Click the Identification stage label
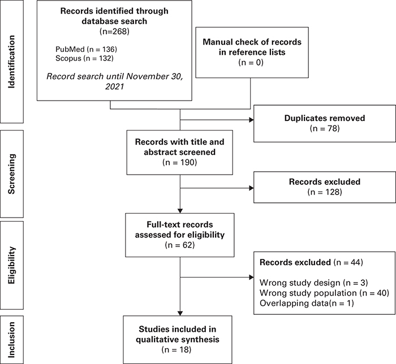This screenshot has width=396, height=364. point(12,62)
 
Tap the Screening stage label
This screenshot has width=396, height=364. point(12,174)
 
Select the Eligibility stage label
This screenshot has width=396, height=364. point(12,265)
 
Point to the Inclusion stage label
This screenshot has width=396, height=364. point(12,340)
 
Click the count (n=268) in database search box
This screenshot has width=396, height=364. point(114,31)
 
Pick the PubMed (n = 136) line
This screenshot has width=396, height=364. point(87,49)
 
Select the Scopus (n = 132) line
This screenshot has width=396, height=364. point(84,58)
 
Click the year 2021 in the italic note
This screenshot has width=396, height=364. point(114,86)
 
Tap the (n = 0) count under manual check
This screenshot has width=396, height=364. point(251,62)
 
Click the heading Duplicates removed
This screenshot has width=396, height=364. point(325,118)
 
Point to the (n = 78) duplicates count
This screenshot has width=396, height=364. point(325,128)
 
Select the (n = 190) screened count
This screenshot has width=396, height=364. point(179,162)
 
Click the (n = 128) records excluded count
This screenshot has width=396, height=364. point(325,192)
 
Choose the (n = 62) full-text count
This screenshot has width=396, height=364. point(179,245)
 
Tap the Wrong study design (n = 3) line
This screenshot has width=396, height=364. point(313,283)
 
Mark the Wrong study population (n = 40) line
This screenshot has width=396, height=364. point(324,293)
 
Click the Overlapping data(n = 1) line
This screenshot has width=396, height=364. point(307,303)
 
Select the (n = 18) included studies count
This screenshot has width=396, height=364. point(177,350)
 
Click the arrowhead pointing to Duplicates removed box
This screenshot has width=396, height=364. point(251,120)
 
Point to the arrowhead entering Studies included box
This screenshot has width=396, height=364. point(180,313)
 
